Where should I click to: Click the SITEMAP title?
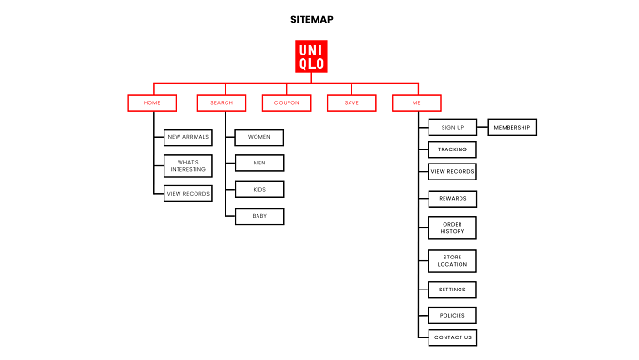tap(312, 19)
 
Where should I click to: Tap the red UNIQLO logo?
tap(311, 56)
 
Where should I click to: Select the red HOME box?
tap(152, 102)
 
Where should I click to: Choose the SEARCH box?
tap(222, 102)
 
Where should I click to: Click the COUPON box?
tap(287, 102)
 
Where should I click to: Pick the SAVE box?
tap(351, 102)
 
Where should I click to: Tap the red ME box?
tap(416, 102)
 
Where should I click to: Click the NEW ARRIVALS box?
tap(188, 137)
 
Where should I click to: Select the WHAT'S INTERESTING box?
tap(188, 165)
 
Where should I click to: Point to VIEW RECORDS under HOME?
tap(188, 194)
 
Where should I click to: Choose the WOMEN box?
tap(259, 137)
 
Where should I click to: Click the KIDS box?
tap(259, 190)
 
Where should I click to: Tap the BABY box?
tap(259, 216)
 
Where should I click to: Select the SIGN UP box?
tap(453, 128)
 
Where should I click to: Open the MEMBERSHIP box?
tap(512, 128)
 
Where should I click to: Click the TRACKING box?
tap(452, 149)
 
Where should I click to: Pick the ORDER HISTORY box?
tap(452, 227)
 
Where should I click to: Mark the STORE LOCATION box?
tap(452, 261)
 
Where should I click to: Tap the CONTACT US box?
tap(453, 337)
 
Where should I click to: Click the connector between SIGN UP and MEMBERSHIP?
tap(482, 127)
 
